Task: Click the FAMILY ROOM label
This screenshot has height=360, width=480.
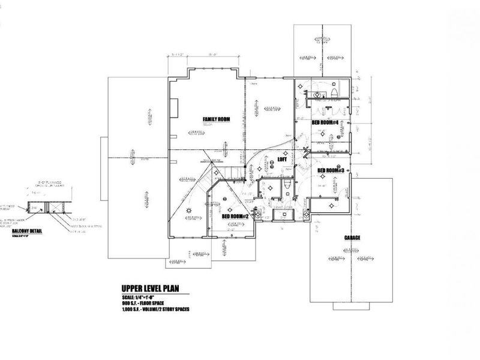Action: (217, 119)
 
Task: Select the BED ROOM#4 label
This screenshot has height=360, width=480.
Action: (326, 122)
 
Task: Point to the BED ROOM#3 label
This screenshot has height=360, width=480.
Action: (331, 170)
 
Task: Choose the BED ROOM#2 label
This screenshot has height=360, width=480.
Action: (236, 216)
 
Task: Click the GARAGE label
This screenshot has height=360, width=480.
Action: (352, 238)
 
